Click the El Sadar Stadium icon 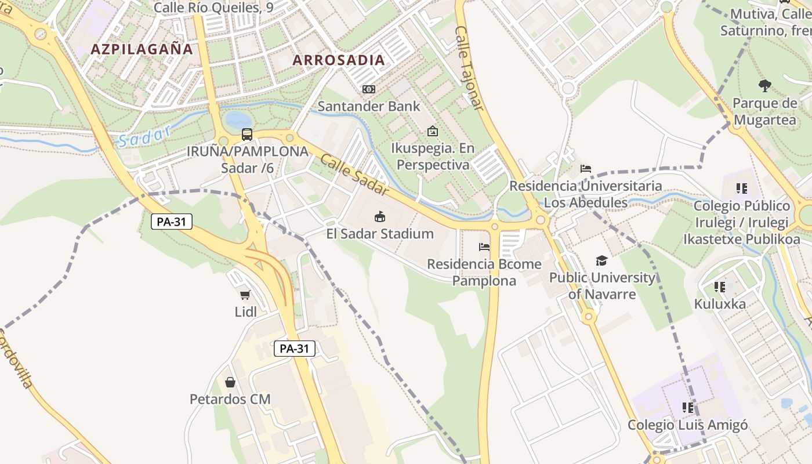click(x=380, y=217)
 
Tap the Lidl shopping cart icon click(x=245, y=295)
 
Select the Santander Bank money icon click(x=368, y=89)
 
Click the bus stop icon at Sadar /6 click(x=247, y=135)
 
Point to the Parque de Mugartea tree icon click(x=764, y=86)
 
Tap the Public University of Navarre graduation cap click(x=601, y=260)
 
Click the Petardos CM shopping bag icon click(x=230, y=382)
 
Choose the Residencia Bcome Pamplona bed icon click(x=484, y=246)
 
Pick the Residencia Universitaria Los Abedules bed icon click(x=586, y=169)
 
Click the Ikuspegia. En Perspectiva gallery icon click(x=432, y=131)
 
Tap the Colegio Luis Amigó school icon click(x=687, y=408)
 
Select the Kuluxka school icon click(x=720, y=287)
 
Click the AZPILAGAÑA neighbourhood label click(x=142, y=49)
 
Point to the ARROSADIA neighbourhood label click(x=339, y=60)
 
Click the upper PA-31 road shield click(x=172, y=221)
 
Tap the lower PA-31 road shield click(x=295, y=349)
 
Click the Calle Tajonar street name click(x=469, y=68)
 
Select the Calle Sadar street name click(x=353, y=172)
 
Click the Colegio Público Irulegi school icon click(x=741, y=188)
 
